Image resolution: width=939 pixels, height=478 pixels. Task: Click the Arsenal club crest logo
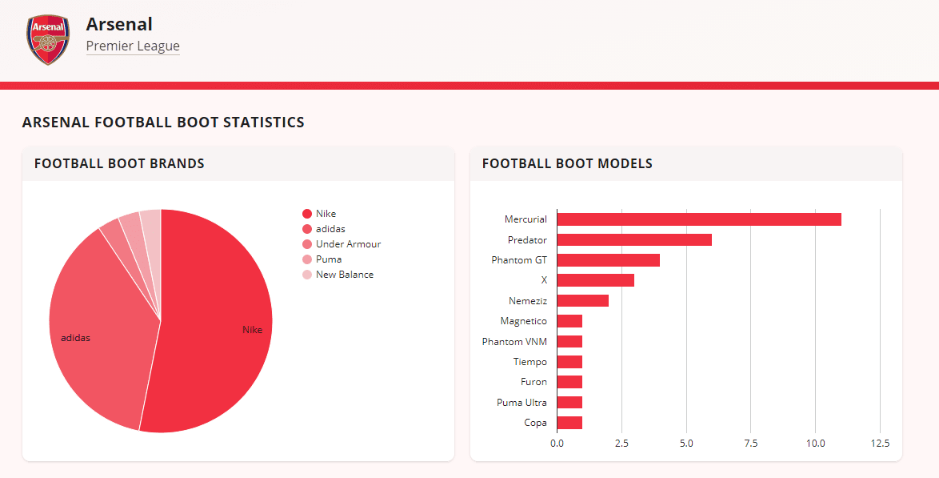[x=48, y=38]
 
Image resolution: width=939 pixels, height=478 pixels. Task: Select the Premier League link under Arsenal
[x=133, y=46]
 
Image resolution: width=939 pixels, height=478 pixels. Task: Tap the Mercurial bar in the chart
[x=698, y=219]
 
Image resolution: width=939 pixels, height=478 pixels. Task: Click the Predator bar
[x=633, y=239]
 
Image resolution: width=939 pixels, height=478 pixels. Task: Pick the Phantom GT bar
[x=608, y=260]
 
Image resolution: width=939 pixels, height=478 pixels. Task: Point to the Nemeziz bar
[x=582, y=301]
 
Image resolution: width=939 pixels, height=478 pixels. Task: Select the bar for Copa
[x=569, y=423]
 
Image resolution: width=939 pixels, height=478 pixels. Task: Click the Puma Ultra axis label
[x=521, y=403]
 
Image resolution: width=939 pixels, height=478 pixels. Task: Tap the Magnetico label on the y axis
[x=523, y=321]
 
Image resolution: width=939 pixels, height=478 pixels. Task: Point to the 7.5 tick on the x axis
[x=750, y=443]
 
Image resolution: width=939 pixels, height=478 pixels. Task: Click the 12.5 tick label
[x=879, y=443]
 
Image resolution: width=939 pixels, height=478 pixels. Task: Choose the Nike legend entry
[x=326, y=214]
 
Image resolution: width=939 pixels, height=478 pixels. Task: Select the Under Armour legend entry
[x=348, y=244]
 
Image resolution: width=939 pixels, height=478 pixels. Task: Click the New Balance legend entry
[x=344, y=275]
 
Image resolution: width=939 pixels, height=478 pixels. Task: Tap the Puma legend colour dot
[x=307, y=259]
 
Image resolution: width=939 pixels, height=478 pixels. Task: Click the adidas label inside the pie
[x=75, y=338]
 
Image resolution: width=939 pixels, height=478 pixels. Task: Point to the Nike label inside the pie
[x=252, y=330]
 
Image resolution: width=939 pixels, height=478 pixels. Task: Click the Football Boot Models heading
[x=567, y=164]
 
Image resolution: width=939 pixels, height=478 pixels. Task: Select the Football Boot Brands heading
[x=119, y=164]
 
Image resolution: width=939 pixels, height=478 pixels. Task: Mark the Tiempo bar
[x=569, y=362]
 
